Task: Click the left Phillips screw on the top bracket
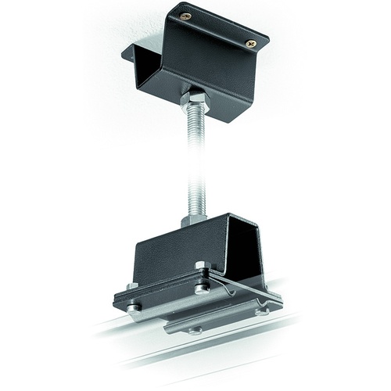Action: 185,16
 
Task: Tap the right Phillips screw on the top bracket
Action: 249,43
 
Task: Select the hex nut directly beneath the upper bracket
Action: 196,99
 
